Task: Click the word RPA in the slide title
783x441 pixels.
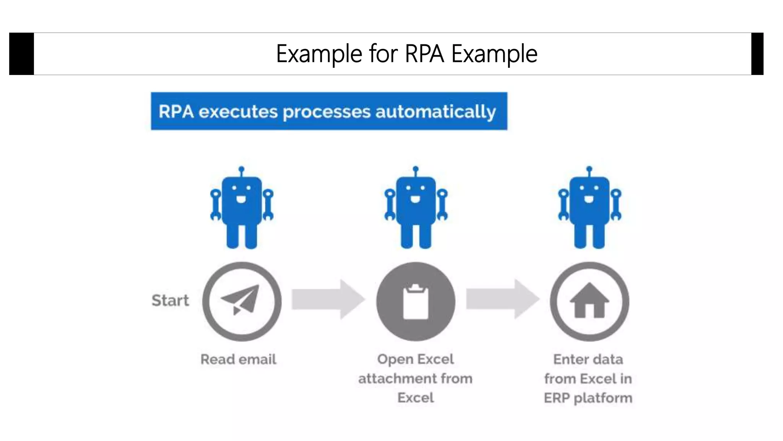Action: coord(424,54)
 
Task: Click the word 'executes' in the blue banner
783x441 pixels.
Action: coord(238,112)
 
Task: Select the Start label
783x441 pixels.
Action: coord(170,301)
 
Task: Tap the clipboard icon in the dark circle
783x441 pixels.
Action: coord(416,302)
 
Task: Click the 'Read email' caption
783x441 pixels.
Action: coord(238,359)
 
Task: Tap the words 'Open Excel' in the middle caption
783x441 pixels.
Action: coord(416,359)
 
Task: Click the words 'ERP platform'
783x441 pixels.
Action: coord(588,398)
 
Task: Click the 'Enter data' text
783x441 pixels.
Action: coord(588,359)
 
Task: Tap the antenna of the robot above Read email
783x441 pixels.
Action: coord(241,170)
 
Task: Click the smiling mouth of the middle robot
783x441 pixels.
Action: coord(416,199)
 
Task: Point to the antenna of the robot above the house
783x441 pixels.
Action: coord(589,170)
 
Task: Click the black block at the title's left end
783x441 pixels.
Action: coord(21,54)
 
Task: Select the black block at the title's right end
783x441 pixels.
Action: coord(757,54)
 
